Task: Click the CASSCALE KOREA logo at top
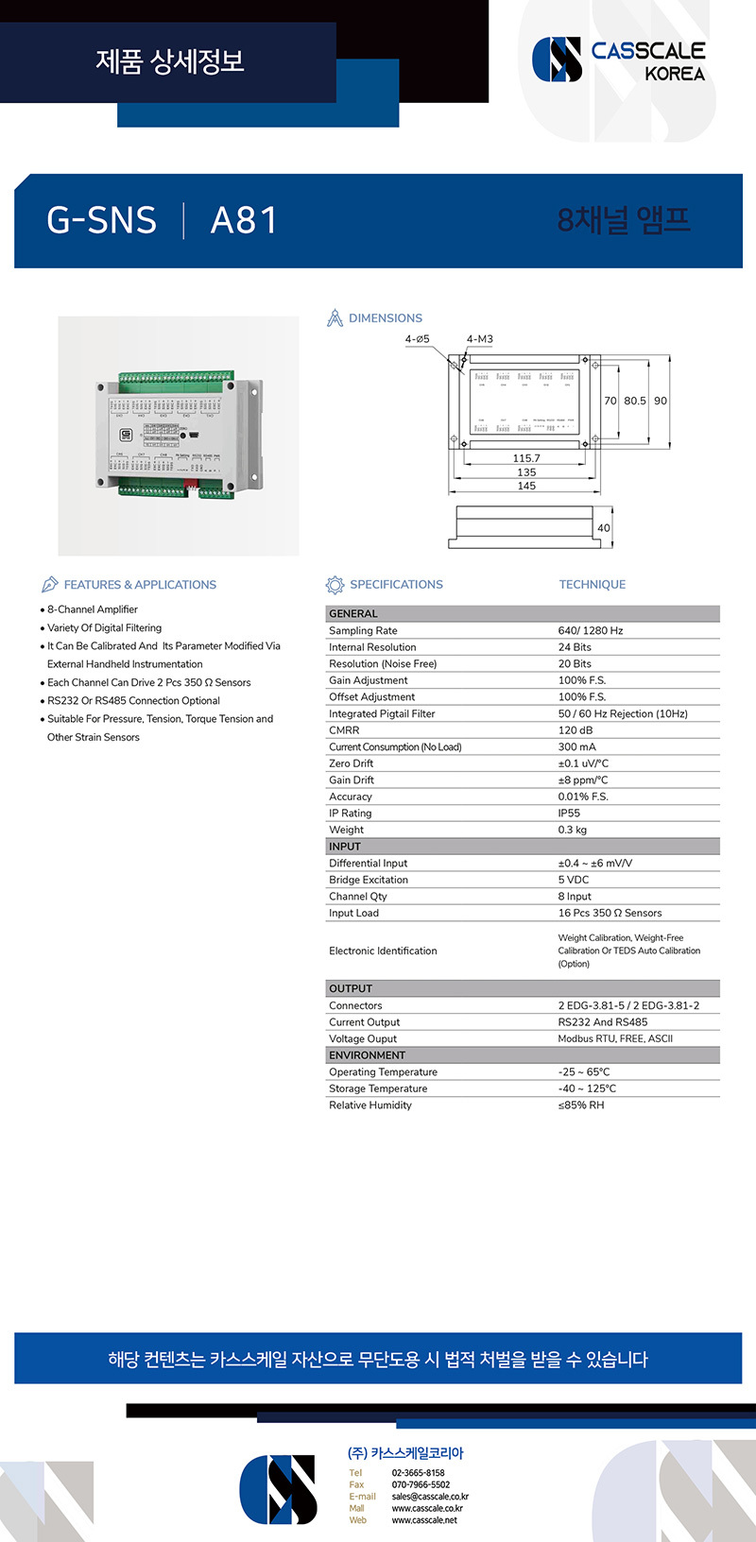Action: (x=619, y=60)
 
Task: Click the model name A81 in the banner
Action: (x=244, y=220)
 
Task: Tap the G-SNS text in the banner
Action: (x=101, y=220)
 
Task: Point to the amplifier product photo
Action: (x=178, y=436)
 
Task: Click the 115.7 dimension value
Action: (x=526, y=458)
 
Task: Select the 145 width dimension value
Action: (x=526, y=486)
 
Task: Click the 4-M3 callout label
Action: (x=479, y=339)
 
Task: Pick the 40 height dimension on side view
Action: (x=604, y=528)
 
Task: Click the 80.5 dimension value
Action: (x=635, y=401)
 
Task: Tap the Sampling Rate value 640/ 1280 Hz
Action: (x=591, y=631)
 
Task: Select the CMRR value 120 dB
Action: (x=576, y=730)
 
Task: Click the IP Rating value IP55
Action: (x=569, y=814)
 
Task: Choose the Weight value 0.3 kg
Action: (x=573, y=830)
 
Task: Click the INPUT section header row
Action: (x=522, y=847)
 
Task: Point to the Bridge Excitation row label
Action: (x=369, y=880)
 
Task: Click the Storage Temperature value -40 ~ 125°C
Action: (x=587, y=1088)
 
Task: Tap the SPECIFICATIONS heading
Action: (x=396, y=585)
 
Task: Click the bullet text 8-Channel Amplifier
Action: (x=93, y=609)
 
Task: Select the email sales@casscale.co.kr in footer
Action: (x=430, y=1497)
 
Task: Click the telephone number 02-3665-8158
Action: (x=418, y=1473)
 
